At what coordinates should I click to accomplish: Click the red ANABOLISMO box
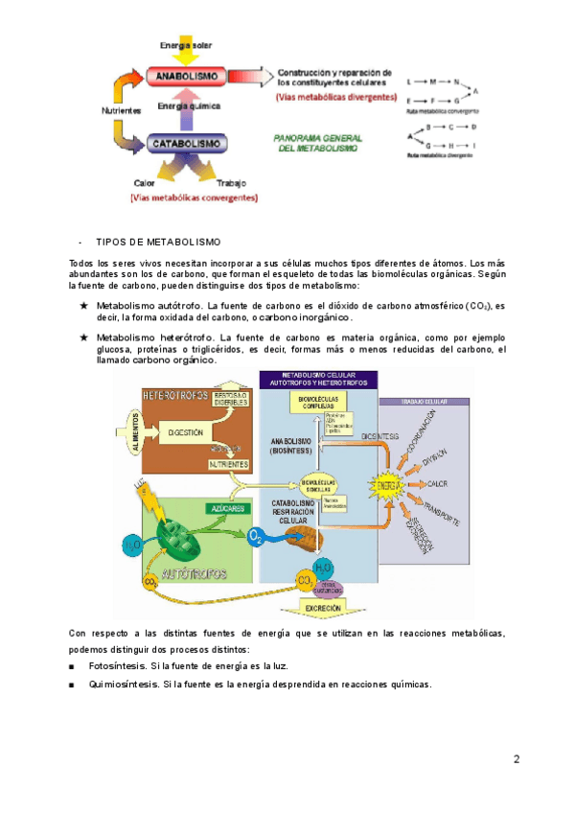[187, 74]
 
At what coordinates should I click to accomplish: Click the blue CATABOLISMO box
[187, 145]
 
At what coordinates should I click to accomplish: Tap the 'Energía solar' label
[187, 46]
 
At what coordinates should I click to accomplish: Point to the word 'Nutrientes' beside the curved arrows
[122, 110]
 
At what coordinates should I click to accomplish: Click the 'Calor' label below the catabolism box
[146, 182]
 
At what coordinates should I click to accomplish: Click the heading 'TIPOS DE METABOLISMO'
[158, 241]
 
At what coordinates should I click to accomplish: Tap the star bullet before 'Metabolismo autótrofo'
[84, 305]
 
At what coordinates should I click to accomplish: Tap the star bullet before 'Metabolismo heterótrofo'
[84, 337]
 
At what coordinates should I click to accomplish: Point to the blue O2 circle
[256, 536]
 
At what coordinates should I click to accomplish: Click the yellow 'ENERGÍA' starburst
[387, 487]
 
